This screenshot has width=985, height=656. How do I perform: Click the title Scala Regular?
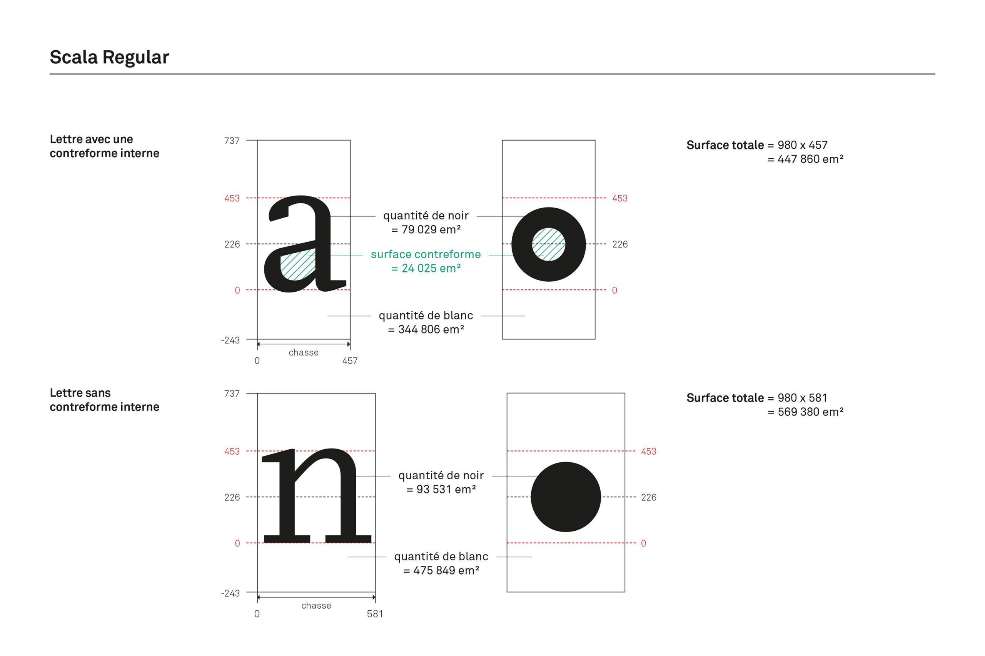(109, 57)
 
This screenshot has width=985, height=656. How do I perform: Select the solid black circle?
(565, 497)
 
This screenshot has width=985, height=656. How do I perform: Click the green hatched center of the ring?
(548, 244)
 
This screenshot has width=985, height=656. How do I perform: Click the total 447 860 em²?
(810, 159)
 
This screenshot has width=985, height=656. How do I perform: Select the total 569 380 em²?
(810, 412)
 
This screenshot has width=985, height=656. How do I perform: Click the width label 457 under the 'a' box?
(350, 360)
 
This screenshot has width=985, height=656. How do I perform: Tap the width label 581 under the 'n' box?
(374, 614)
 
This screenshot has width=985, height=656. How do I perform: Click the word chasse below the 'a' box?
(303, 353)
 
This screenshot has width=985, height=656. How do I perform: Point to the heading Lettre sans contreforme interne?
(104, 400)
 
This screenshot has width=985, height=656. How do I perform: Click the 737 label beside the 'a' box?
(232, 141)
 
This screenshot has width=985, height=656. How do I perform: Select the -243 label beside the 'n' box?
(230, 593)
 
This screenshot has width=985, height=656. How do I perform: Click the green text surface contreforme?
(426, 254)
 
